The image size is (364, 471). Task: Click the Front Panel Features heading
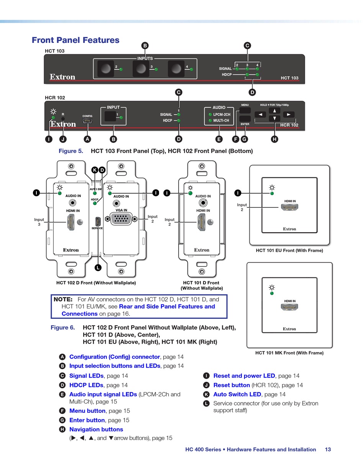(75, 40)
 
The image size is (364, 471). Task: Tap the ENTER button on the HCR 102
(245, 118)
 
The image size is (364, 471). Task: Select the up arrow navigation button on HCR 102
(274, 110)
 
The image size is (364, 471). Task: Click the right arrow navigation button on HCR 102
(289, 114)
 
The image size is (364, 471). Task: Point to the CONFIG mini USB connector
(87, 121)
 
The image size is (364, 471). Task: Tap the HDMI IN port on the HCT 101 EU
(290, 207)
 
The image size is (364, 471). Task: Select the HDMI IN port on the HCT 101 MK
(290, 307)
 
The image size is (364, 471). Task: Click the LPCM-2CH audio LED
(210, 115)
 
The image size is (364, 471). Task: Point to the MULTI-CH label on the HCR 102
(221, 121)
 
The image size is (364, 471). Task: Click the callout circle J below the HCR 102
(63, 139)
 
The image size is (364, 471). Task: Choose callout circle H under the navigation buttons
(274, 139)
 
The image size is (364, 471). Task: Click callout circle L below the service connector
(98, 268)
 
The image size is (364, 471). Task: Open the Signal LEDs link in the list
(86, 376)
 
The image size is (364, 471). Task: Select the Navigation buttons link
(96, 430)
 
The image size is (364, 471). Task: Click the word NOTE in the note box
(63, 299)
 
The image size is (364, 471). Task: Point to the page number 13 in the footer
(328, 450)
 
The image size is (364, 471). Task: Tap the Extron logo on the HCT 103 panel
(62, 77)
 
